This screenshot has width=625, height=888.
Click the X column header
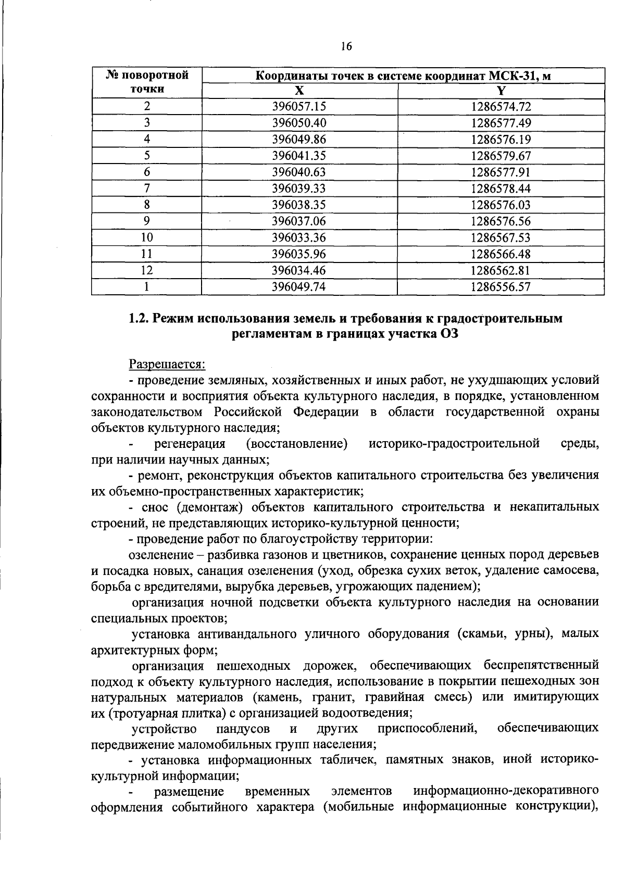(299, 91)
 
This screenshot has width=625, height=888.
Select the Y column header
(501, 91)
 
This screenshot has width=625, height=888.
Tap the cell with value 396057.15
(299, 107)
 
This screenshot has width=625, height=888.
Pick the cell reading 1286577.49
(501, 123)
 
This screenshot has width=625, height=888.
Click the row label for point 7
(147, 189)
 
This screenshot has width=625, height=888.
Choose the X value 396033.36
(299, 237)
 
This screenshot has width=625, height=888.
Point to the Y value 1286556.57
(501, 286)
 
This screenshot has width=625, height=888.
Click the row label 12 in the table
(147, 270)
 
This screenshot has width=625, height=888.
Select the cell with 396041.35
(299, 156)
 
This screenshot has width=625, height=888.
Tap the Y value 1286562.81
(501, 270)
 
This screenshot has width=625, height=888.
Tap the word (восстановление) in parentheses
(296, 444)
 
